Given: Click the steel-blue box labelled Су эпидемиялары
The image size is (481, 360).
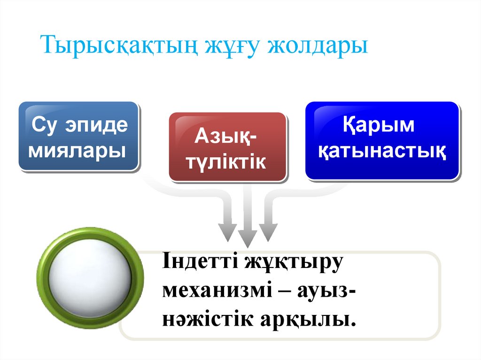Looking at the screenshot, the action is [x=79, y=136].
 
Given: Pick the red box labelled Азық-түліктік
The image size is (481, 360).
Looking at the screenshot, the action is [x=227, y=146].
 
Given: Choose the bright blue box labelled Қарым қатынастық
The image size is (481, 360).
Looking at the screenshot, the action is [x=381, y=140].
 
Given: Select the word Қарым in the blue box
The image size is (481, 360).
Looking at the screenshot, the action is [x=379, y=126].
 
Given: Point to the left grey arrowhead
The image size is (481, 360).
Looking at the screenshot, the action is [x=228, y=230].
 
